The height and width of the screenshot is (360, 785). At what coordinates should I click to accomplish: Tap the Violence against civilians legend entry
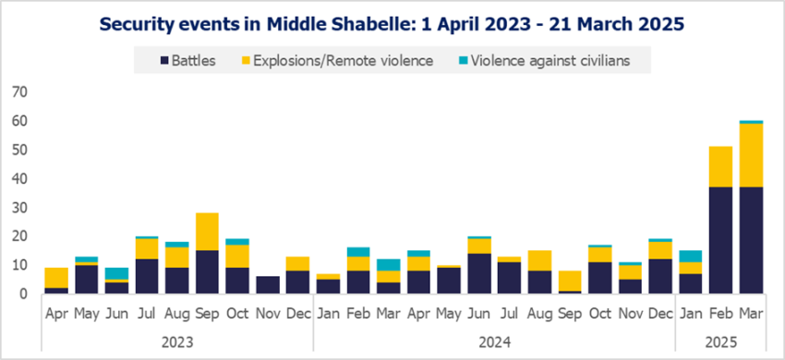(x=549, y=62)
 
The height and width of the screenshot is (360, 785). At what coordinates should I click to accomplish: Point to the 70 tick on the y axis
(x=19, y=91)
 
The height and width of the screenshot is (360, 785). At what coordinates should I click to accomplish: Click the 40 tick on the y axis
(x=19, y=178)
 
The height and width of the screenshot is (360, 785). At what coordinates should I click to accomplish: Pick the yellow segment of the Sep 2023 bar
(x=206, y=232)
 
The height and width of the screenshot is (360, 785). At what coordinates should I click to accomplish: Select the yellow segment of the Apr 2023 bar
(x=56, y=278)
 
